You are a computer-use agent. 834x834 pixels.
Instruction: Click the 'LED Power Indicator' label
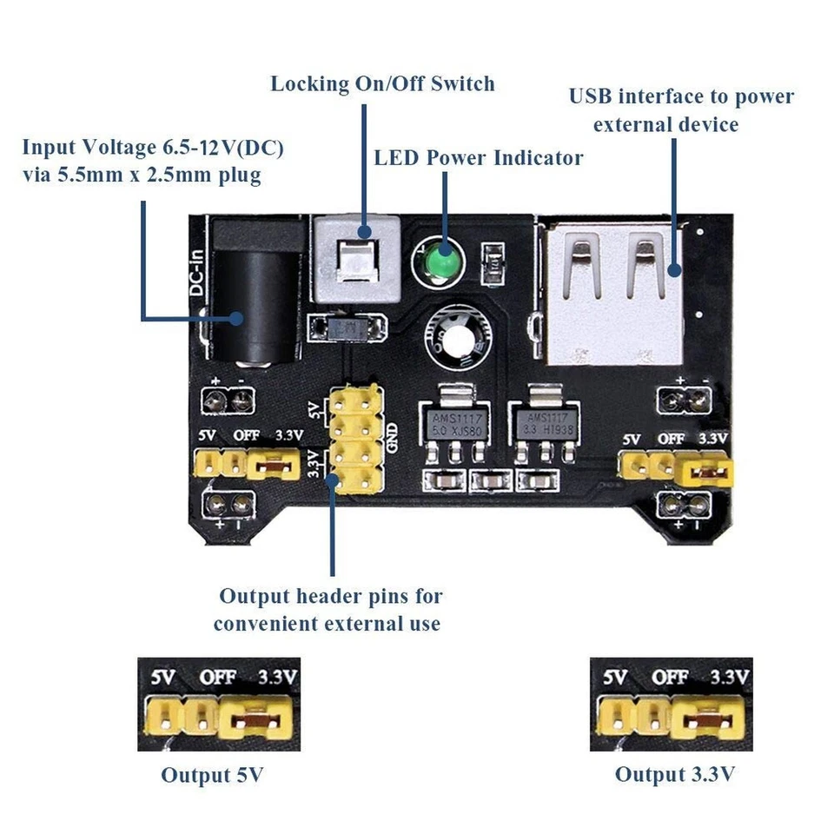click(x=478, y=157)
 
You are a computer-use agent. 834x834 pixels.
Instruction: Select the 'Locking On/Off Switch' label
click(x=382, y=83)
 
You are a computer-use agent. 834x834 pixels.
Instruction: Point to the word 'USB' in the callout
click(x=589, y=96)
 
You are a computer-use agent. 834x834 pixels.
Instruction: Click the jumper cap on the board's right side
click(x=708, y=473)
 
